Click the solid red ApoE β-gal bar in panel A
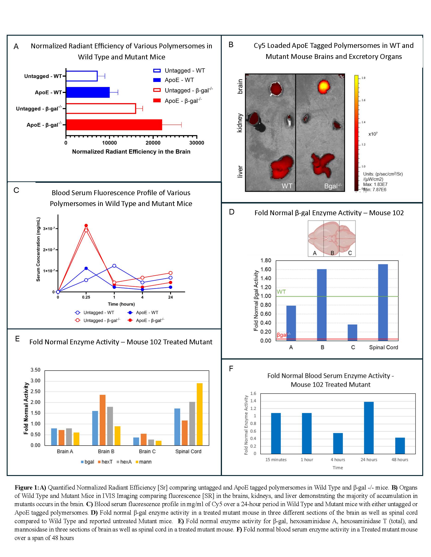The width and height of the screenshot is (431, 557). [x=114, y=125]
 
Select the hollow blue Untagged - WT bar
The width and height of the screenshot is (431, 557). [x=82, y=76]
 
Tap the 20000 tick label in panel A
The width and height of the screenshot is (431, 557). [x=153, y=143]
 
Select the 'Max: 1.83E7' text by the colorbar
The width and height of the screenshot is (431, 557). [x=375, y=184]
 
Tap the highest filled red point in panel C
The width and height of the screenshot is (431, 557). [x=86, y=226]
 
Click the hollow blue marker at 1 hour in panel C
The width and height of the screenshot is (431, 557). [x=114, y=266]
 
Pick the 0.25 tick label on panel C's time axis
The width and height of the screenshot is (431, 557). [x=86, y=297]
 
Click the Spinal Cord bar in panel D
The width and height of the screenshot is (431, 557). [x=383, y=302]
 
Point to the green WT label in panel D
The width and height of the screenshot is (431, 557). [x=281, y=292]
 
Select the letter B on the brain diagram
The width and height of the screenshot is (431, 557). [x=332, y=253]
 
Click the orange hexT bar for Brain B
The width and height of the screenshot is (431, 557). [x=102, y=420]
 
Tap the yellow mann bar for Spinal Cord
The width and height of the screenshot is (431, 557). [x=199, y=414]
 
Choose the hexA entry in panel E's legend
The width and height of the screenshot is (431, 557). [x=124, y=462]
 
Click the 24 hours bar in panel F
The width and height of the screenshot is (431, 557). [x=369, y=428]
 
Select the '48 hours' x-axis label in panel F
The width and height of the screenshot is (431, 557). [x=400, y=460]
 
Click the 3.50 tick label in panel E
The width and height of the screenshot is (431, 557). [x=35, y=370]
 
